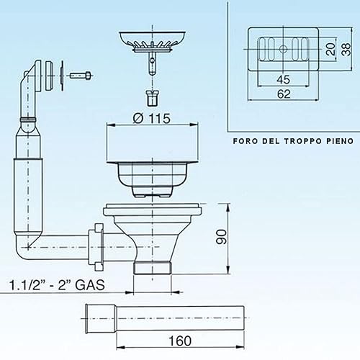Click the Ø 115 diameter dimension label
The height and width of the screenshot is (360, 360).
coord(152,118)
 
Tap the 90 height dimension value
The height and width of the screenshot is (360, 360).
coord(221,237)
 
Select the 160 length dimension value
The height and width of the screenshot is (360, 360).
coord(180,341)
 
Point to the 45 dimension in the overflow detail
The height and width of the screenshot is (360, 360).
coord(284,79)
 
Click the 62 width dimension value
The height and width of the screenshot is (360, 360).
coord(284,94)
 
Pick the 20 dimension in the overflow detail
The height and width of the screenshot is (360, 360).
coord(331,49)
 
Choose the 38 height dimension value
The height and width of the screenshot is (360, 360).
coord(346,49)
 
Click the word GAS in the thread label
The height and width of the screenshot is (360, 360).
coord(90,285)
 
